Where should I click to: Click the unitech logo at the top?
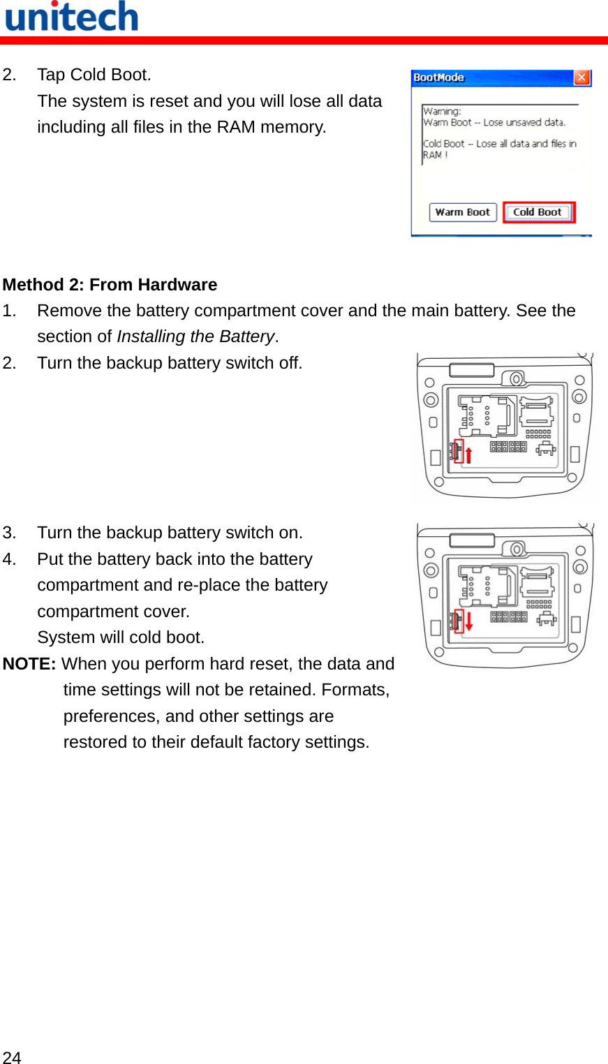[72, 17]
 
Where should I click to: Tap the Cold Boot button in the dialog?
[537, 212]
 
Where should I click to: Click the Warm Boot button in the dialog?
[462, 212]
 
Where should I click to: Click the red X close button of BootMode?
[581, 77]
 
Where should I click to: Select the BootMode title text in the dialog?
[438, 77]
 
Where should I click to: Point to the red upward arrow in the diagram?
[469, 455]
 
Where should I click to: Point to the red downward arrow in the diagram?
[469, 621]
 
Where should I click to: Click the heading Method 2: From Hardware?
[110, 285]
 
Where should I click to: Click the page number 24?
[12, 1057]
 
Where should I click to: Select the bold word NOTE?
[29, 664]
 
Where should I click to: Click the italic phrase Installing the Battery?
[195, 337]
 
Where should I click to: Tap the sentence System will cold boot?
[121, 637]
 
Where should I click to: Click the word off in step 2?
[289, 363]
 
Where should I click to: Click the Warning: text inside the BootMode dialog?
[442, 111]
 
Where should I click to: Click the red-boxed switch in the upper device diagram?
[459, 451]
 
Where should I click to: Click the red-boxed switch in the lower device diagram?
[459, 620]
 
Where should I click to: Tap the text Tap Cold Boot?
[94, 75]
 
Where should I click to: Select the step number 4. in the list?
[9, 559]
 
